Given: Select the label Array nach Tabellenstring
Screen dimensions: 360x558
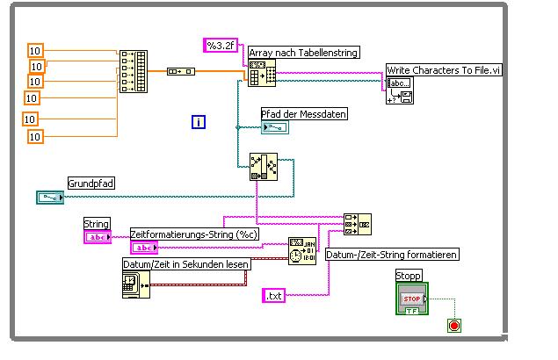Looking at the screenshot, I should [304, 53].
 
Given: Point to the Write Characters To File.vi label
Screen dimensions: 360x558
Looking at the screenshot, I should [444, 70].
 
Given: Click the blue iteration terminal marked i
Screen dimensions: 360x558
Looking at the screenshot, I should [199, 122].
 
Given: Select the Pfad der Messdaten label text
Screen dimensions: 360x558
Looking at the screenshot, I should [304, 114].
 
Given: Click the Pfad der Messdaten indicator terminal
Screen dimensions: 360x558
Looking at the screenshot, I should [274, 128].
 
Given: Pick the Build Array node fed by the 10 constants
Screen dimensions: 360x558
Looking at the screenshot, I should [134, 72].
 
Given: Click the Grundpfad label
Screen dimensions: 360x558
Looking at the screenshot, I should [91, 184].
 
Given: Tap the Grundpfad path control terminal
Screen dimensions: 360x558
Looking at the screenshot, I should [50, 198].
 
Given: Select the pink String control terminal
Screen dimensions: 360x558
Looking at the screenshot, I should [97, 236].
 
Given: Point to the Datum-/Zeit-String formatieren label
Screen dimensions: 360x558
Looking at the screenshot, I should [392, 255].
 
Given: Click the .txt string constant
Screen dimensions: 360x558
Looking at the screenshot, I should [274, 296].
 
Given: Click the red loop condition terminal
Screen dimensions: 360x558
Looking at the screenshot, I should [454, 326].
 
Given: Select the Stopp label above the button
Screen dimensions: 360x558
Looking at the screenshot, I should [409, 276].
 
